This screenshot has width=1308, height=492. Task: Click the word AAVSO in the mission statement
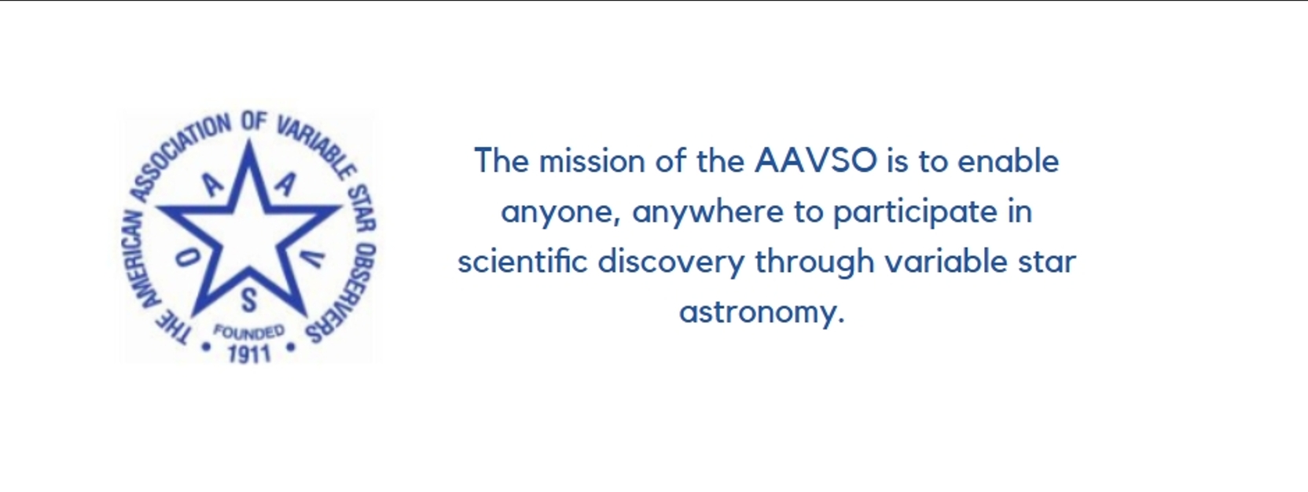(816, 160)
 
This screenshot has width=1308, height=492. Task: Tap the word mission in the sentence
(592, 160)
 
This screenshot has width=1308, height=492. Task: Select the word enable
(1009, 160)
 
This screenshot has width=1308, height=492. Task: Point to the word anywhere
(707, 212)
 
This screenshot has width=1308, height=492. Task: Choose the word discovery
(671, 262)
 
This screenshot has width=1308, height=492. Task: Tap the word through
(814, 262)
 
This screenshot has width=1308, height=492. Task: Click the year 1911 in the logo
(249, 354)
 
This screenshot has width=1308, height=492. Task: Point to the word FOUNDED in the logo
(249, 332)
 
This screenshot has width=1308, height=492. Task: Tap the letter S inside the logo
(248, 300)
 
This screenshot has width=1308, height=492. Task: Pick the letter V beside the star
(313, 259)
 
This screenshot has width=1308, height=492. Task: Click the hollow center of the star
(248, 233)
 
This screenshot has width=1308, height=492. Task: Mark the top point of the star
(249, 140)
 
